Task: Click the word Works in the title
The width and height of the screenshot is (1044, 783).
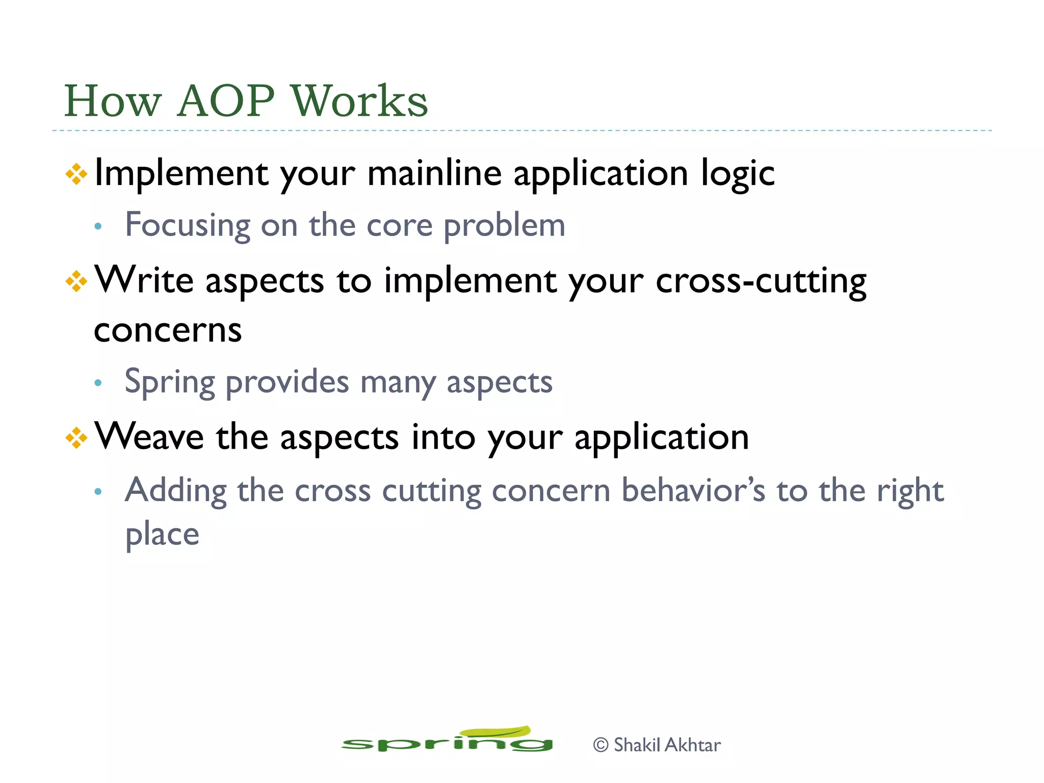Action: tap(359, 101)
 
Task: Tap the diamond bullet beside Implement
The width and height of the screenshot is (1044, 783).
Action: tap(76, 174)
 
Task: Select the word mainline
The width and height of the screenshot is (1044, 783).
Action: tap(434, 173)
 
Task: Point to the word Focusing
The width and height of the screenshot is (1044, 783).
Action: tap(188, 225)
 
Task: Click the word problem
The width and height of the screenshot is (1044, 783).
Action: tap(504, 225)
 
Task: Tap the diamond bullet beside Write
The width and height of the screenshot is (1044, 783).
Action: tap(76, 281)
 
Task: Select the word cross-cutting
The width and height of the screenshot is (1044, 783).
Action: tap(761, 281)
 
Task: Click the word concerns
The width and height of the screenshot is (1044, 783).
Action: tap(168, 330)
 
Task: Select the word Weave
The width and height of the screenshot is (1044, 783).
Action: tap(149, 437)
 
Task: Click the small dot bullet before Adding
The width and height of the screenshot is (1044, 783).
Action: tap(98, 491)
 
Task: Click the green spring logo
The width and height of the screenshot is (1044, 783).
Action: tap(447, 741)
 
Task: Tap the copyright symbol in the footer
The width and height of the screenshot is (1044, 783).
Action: tap(601, 745)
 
